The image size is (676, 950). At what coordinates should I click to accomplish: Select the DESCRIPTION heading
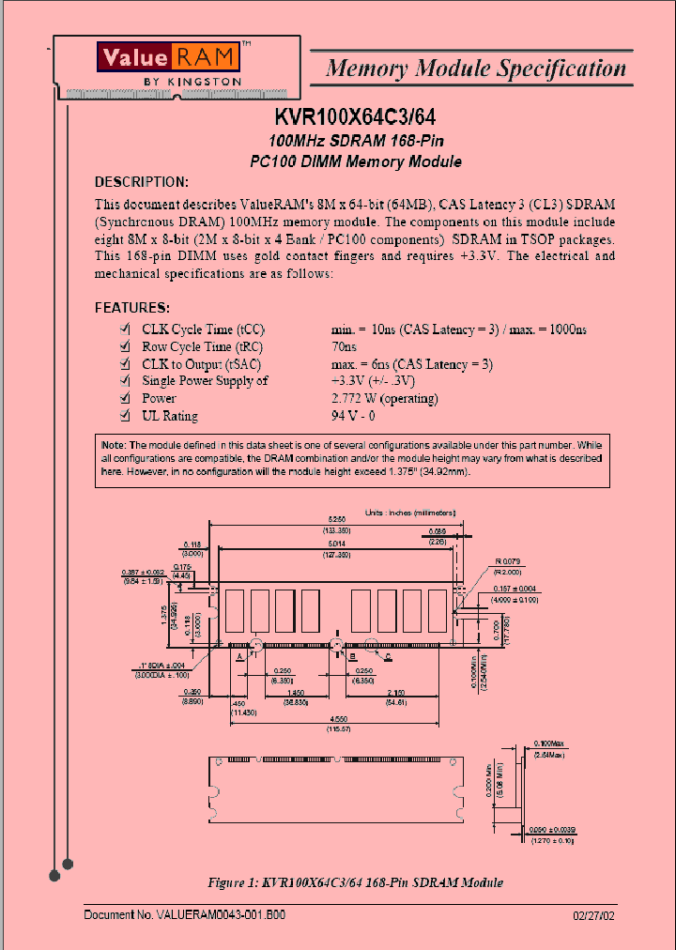coord(142,182)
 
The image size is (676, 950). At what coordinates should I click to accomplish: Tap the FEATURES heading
coord(132,308)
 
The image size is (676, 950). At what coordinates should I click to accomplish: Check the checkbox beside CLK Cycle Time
coord(124,330)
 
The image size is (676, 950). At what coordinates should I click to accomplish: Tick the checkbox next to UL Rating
coord(124,416)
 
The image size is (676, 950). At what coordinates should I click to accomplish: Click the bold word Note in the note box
coord(112,444)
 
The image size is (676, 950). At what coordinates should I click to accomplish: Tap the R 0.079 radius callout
coord(509,562)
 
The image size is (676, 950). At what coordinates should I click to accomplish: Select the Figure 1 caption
coord(355,882)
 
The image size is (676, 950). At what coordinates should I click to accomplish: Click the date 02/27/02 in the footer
coord(595,914)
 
